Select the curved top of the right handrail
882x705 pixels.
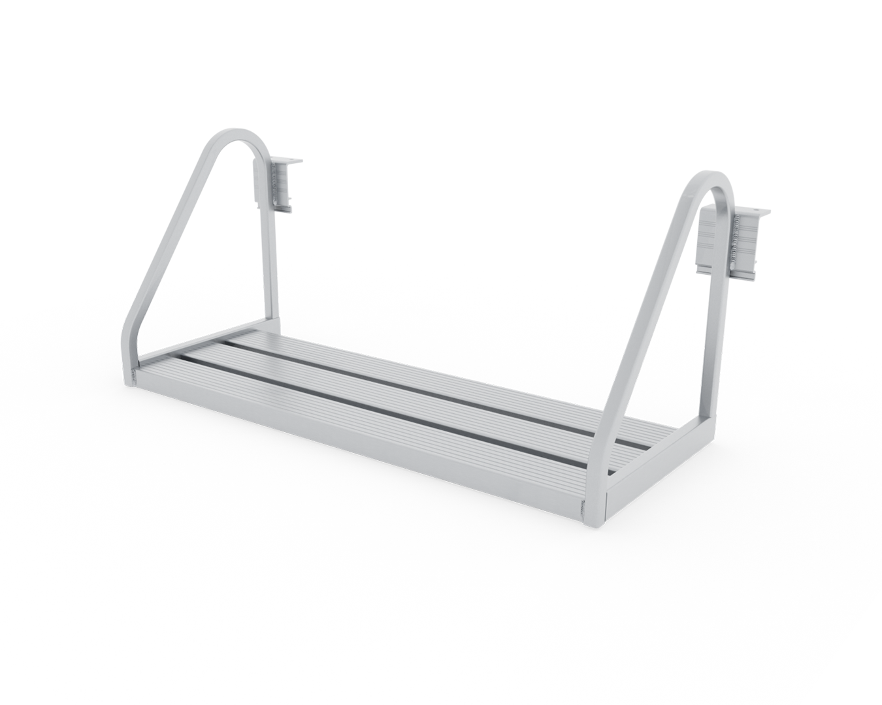[709, 180]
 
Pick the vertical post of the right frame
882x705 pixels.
[711, 339]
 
